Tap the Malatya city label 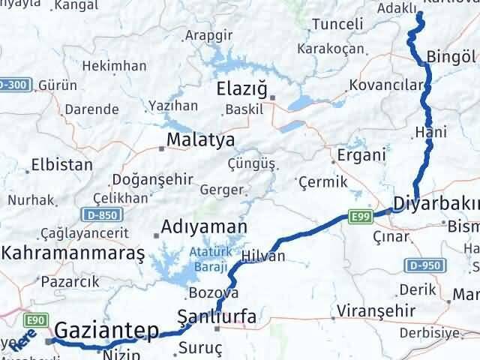click(200, 139)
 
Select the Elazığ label click(241, 89)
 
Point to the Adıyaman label click(205, 226)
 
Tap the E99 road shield click(359, 217)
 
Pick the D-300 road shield click(15, 85)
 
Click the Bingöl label click(451, 56)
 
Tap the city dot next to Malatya click(162, 148)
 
